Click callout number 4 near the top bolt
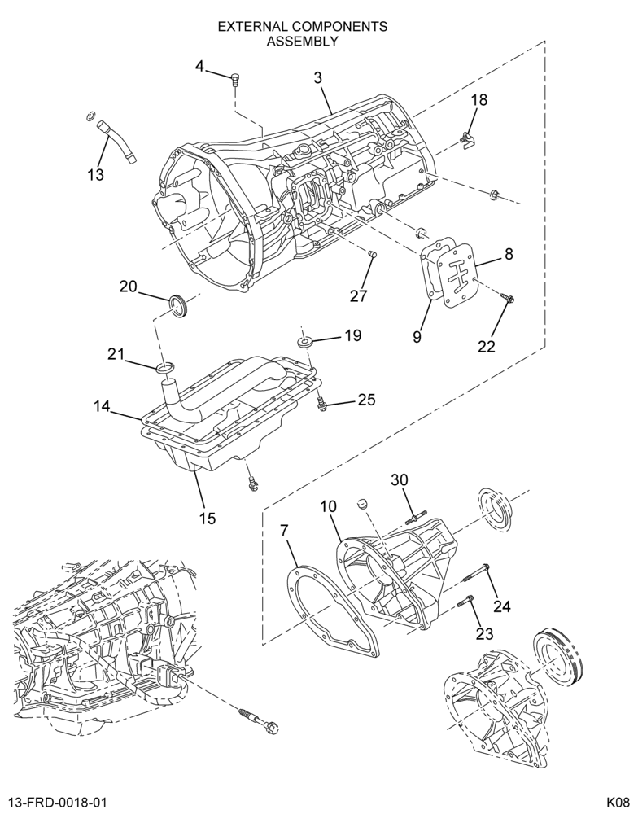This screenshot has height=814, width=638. (200, 66)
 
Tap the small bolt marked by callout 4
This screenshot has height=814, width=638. (235, 81)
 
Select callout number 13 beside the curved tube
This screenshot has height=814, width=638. (96, 175)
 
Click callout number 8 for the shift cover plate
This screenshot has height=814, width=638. (509, 253)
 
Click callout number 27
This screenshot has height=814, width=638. (358, 295)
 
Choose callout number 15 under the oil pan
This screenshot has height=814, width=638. (208, 518)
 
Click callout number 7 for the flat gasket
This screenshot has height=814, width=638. (284, 531)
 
